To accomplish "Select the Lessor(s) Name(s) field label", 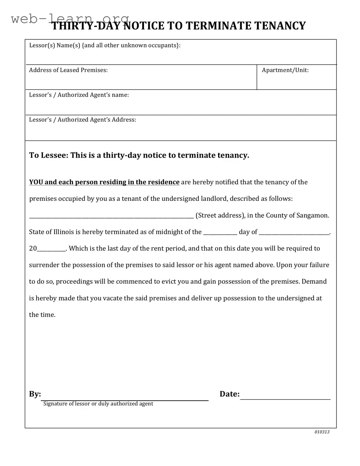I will click(x=105, y=45).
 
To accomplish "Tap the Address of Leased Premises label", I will click(x=68, y=70).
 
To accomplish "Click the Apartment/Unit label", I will click(x=285, y=70).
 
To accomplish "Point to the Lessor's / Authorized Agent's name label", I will click(x=79, y=95).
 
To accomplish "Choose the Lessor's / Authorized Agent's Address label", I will click(x=82, y=120).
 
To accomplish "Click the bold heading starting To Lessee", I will click(x=139, y=155).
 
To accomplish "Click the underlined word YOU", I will click(x=36, y=182).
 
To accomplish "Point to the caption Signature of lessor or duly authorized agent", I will click(x=98, y=404).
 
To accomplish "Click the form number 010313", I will click(x=322, y=432).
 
